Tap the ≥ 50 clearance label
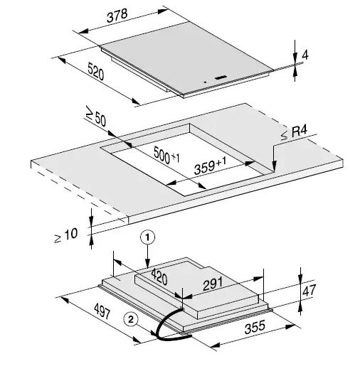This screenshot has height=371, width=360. [x=95, y=117]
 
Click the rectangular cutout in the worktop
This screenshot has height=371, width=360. [x=189, y=160]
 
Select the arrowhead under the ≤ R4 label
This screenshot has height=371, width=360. [x=274, y=169]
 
